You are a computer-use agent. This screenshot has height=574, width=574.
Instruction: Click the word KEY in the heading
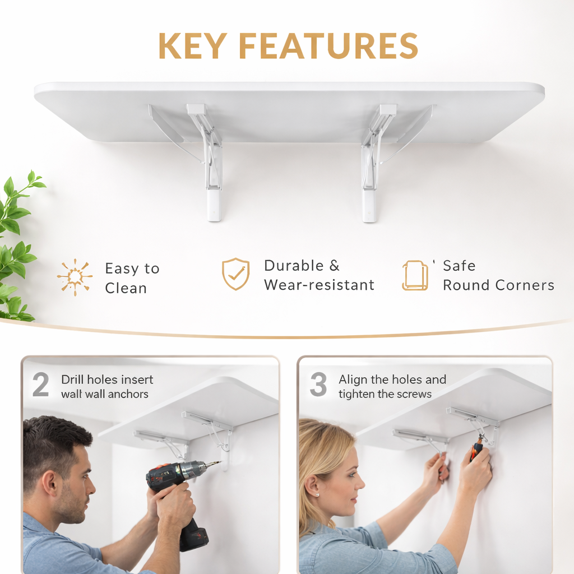[193, 46]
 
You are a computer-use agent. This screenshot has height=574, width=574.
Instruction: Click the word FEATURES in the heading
[328, 46]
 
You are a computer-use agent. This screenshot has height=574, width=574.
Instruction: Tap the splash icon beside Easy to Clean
[75, 277]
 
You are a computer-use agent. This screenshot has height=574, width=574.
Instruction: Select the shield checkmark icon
[236, 274]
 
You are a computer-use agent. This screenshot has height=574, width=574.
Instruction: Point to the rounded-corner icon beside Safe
[415, 275]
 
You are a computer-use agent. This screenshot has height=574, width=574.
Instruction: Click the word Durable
[294, 266]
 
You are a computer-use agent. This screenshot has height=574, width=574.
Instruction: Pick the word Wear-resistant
[319, 285]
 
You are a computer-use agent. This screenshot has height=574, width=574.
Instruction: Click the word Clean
[126, 289]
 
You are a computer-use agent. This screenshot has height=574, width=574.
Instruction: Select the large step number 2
[40, 385]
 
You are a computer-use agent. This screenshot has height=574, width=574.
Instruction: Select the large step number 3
[318, 385]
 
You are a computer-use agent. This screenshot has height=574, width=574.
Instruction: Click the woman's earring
[317, 494]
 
